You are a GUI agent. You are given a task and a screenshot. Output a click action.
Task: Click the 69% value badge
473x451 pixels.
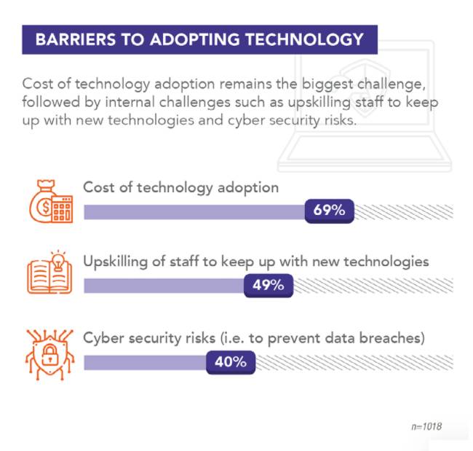329,211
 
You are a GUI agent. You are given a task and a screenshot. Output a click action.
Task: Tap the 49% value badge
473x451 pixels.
268,285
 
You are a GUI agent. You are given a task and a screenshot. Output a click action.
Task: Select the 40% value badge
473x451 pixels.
230,361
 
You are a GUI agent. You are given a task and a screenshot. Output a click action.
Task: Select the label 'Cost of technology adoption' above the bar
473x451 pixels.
180,187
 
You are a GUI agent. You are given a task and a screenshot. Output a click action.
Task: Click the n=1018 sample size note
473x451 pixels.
426,425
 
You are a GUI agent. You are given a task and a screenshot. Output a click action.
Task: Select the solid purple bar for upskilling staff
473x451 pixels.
164,286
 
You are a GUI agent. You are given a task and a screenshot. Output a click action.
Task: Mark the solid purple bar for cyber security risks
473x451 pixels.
145,362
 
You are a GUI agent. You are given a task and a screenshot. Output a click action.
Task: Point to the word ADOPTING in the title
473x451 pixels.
186,39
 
